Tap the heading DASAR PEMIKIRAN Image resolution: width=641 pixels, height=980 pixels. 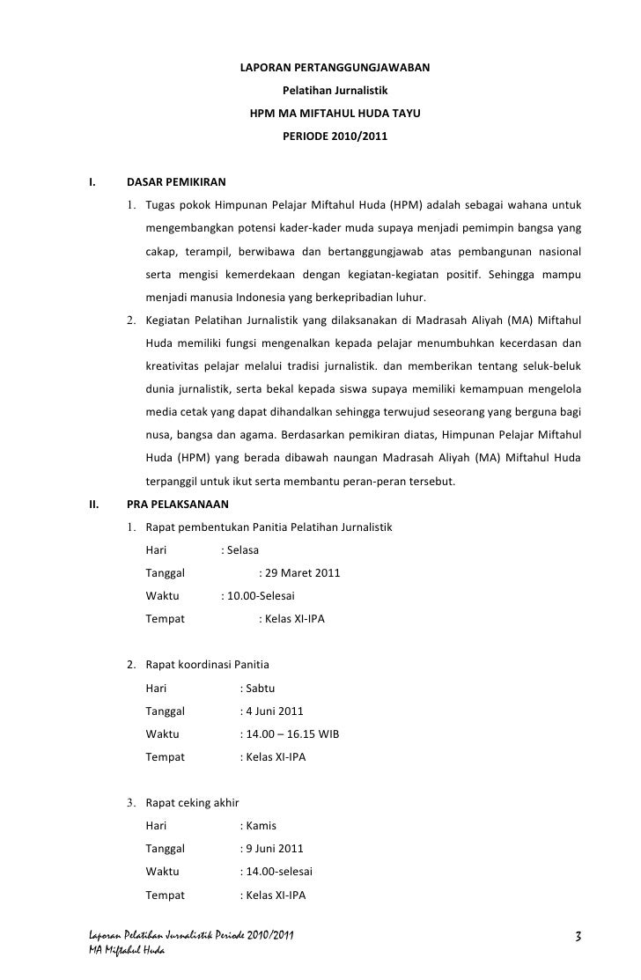pos(177,184)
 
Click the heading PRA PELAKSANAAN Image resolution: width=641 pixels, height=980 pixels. pos(178,505)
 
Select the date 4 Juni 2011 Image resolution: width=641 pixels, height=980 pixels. pos(275,711)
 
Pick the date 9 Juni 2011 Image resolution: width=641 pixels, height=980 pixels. pos(275,849)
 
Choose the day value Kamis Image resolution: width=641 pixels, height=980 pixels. pos(261,826)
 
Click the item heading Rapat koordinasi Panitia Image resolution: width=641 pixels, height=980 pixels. pos(208,665)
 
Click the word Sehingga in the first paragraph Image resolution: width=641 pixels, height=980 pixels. pos(512,276)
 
